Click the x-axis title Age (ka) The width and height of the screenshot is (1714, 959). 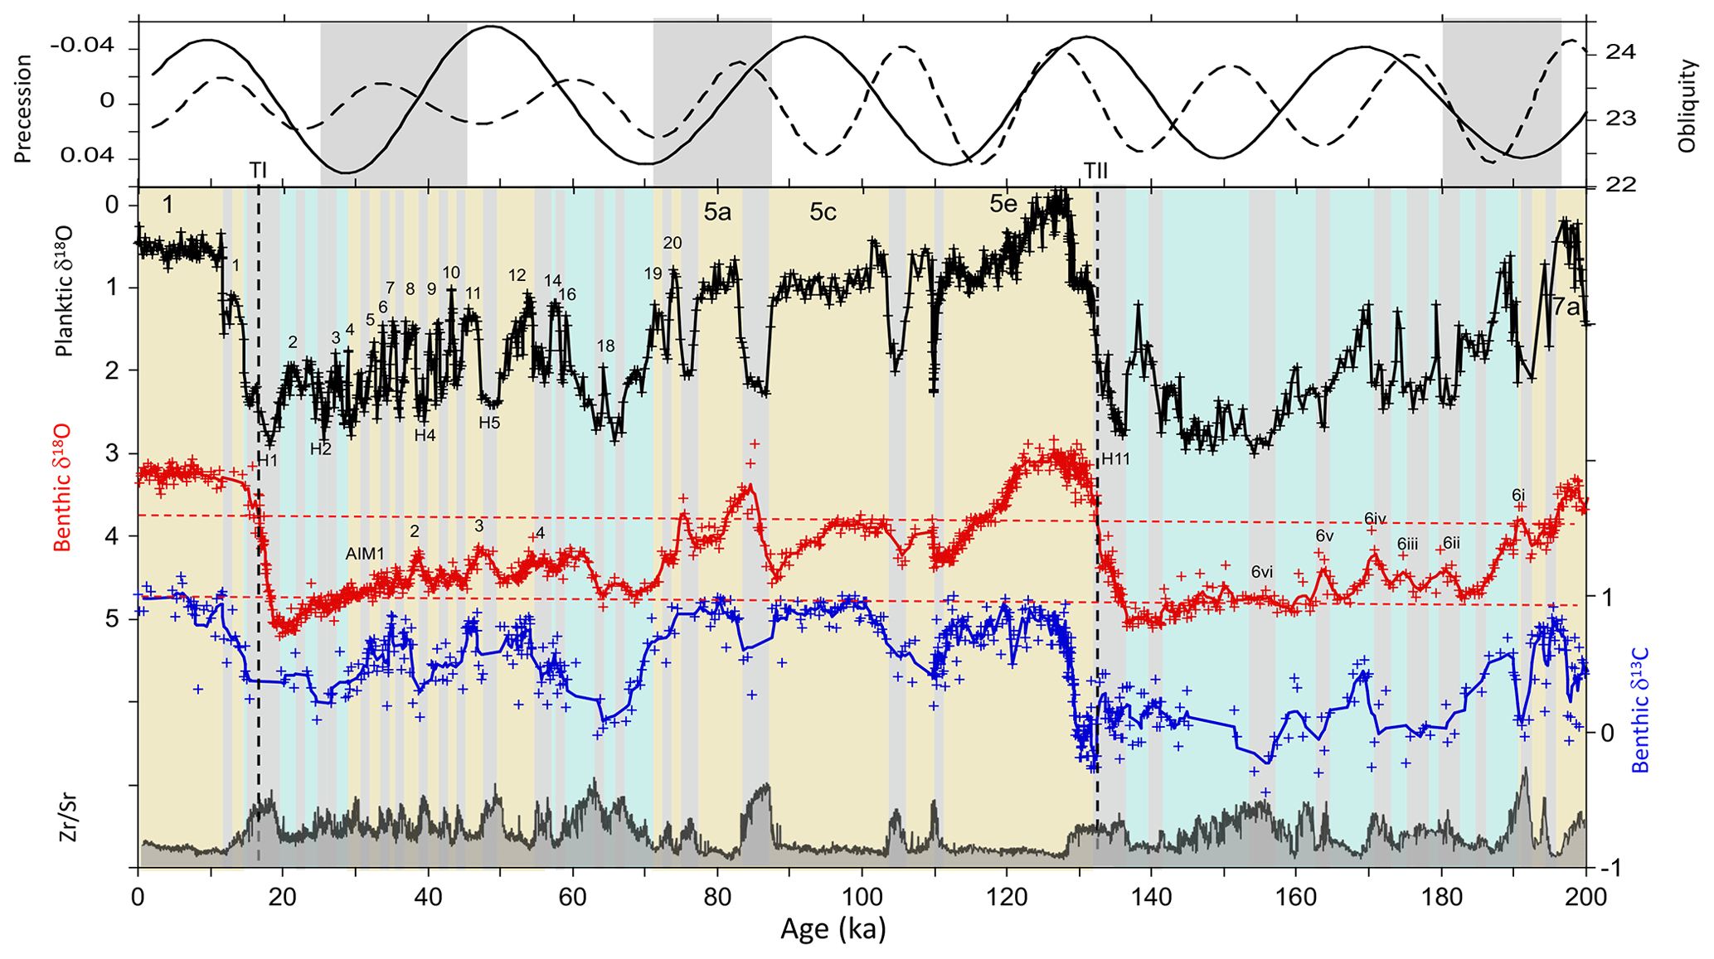pyautogui.click(x=833, y=929)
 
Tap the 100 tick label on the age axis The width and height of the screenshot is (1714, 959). pyautogui.click(x=862, y=896)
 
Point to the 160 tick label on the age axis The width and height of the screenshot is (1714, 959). pyautogui.click(x=1296, y=896)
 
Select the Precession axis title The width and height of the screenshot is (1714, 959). pyautogui.click(x=22, y=109)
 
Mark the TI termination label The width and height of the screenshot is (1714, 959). pyautogui.click(x=258, y=171)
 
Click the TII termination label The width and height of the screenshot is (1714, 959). pyautogui.click(x=1095, y=171)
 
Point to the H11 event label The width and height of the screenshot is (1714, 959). pyautogui.click(x=1115, y=459)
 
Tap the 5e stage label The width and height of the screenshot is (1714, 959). pyautogui.click(x=1003, y=205)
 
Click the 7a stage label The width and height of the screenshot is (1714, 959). pyautogui.click(x=1566, y=308)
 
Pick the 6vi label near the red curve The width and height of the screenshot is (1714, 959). pyautogui.click(x=1262, y=571)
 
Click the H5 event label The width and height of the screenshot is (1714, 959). pyautogui.click(x=489, y=423)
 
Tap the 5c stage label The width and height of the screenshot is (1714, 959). pyautogui.click(x=823, y=212)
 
